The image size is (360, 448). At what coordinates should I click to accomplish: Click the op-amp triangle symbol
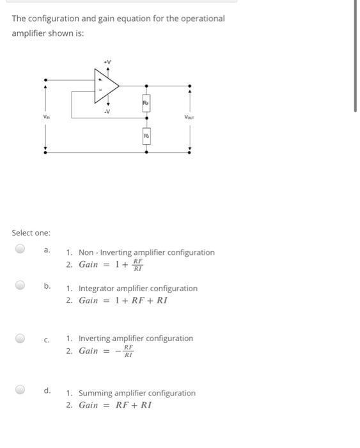106,85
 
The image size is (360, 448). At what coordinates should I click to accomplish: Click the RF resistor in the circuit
146,103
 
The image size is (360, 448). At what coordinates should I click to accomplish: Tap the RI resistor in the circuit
146,136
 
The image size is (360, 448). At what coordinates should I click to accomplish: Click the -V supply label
107,112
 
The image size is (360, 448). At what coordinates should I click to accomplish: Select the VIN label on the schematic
45,117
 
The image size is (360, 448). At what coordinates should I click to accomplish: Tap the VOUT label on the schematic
189,117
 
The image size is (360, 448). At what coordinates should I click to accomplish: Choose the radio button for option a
20,248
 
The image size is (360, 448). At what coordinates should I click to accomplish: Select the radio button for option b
20,285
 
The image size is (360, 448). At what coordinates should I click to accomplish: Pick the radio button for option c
20,338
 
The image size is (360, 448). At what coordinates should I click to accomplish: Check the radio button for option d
20,389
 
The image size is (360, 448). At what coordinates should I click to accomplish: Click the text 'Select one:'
31,233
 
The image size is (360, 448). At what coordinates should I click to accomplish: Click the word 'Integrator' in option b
97,289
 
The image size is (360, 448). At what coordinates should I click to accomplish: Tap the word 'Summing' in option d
95,393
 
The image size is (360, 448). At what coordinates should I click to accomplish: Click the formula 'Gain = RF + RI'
115,405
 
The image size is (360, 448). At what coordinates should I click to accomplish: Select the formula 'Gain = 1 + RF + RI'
123,300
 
